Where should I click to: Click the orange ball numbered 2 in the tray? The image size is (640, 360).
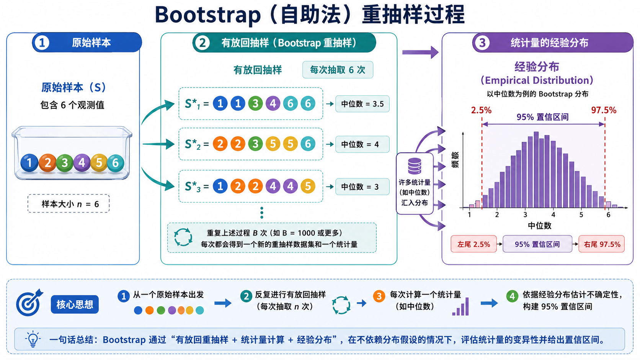pos(47,163)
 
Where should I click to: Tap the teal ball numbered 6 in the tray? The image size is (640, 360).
pos(116,163)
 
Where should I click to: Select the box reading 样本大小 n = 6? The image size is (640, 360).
pos(69,204)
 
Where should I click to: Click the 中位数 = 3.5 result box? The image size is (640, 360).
pos(362,104)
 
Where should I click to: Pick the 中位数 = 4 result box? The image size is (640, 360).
pos(362,144)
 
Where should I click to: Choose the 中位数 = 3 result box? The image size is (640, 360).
pos(362,187)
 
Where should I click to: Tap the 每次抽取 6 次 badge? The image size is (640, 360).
pos(338,70)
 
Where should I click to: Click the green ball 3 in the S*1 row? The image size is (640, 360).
pos(255,103)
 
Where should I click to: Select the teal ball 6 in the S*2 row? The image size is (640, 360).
pos(308,144)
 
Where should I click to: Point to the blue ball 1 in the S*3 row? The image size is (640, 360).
pos(220,186)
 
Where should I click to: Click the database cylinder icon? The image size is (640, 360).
pos(415,166)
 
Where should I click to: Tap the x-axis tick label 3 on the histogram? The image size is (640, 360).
pos(525,215)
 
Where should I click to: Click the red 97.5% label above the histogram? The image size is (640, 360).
pos(604,110)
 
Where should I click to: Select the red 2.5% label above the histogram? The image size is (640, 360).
pos(481,110)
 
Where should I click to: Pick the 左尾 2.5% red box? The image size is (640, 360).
pos(474,244)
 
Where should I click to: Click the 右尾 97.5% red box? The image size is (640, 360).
pos(602,244)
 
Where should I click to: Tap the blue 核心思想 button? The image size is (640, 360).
pos(75,304)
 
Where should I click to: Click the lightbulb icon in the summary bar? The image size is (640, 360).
pos(33,339)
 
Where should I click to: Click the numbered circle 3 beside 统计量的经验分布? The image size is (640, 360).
pos(482,43)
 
